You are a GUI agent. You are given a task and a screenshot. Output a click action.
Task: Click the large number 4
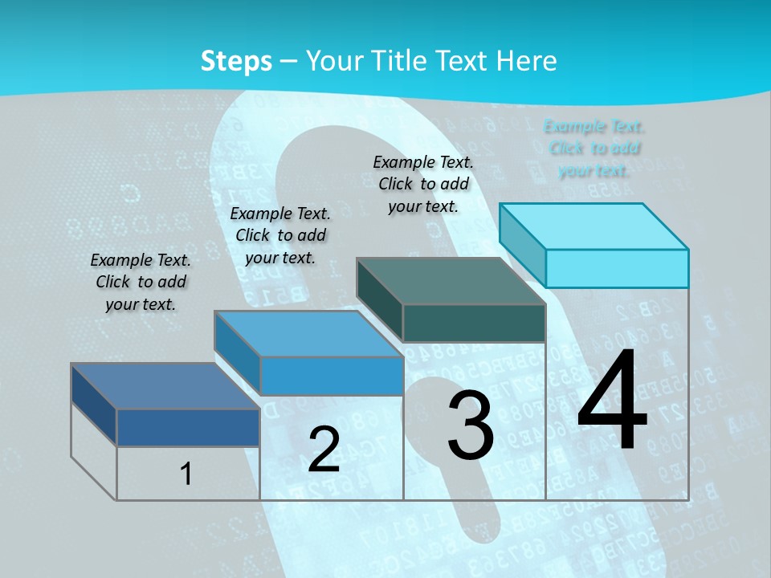612,401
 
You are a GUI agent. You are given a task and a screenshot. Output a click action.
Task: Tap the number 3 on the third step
471,425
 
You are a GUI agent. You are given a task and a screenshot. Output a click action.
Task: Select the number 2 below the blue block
324,450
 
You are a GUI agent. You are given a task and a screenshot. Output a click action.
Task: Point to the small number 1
186,474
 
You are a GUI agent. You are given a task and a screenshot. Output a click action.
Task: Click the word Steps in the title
236,61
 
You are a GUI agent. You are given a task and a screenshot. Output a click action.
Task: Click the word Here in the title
527,61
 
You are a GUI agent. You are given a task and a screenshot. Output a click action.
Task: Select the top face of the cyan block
594,226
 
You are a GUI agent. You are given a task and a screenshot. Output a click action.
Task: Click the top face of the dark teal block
451,281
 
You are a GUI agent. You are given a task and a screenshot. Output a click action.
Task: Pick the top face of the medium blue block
308,333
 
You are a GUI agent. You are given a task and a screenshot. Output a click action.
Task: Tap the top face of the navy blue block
165,386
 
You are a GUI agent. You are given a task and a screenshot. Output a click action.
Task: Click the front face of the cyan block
617,268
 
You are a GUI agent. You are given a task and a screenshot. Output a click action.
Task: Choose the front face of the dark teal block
474,324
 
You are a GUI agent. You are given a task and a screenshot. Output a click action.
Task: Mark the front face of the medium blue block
331,376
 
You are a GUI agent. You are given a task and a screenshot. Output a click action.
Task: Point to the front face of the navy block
188,427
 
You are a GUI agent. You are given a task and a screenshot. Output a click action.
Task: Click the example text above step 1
141,282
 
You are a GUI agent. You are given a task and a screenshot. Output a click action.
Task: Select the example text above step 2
280,235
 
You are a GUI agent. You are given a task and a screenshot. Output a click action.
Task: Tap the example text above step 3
423,184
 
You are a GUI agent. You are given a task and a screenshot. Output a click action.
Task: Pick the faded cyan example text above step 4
594,148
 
